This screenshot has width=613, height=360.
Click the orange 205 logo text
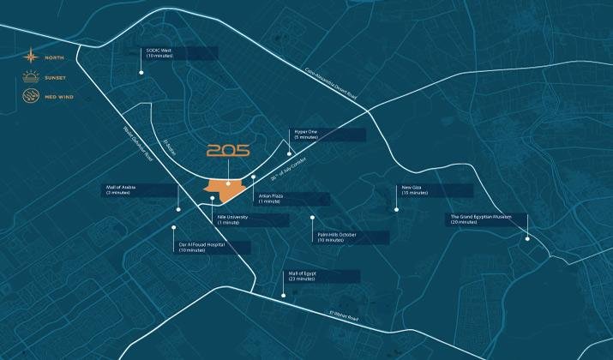pos(227,151)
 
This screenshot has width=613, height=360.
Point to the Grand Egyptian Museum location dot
pos(528,238)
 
